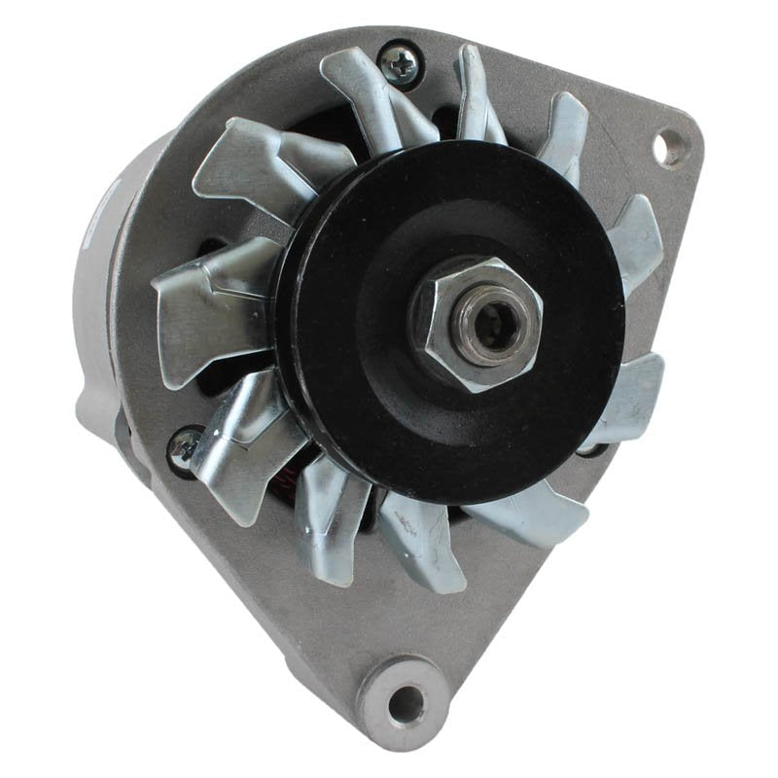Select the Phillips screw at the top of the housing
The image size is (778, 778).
click(x=399, y=63)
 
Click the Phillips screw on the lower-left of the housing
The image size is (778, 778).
click(x=183, y=445)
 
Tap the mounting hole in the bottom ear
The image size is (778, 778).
click(x=407, y=702)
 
